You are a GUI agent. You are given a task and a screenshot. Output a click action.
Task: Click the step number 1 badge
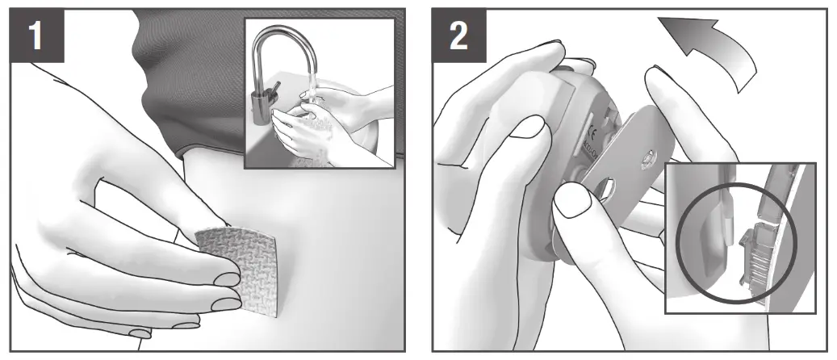[x=37, y=36]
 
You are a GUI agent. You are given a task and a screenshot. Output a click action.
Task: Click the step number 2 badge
[x=458, y=36]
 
